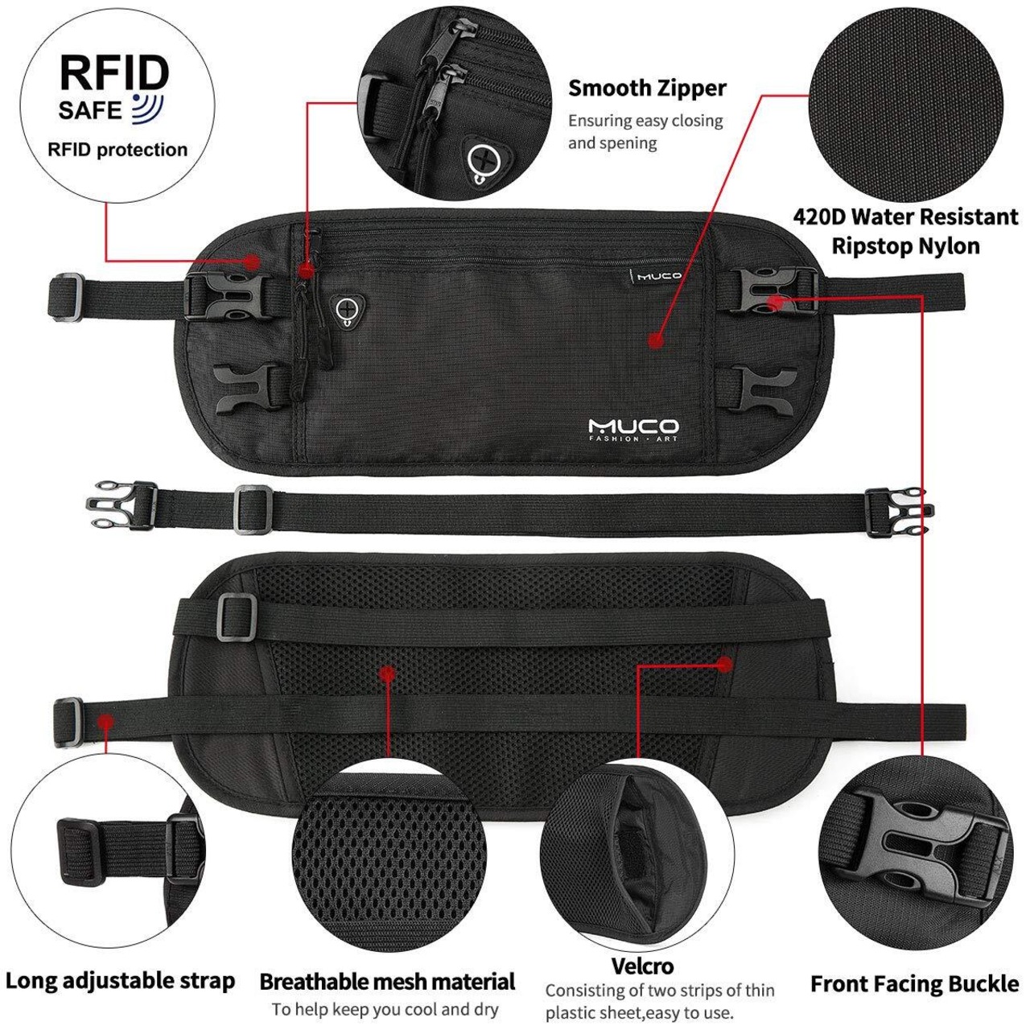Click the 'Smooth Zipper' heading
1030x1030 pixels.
point(647,89)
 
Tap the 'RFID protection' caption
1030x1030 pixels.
point(117,150)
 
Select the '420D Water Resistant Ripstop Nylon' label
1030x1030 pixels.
point(905,232)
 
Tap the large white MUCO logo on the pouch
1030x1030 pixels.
point(633,430)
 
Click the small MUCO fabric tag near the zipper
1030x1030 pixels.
point(655,276)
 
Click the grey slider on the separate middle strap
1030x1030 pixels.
point(253,509)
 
